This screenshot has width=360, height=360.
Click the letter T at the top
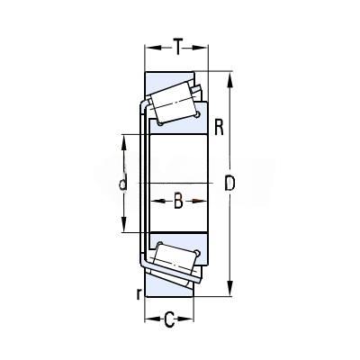(x=178, y=47)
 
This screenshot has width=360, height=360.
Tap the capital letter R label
(x=220, y=127)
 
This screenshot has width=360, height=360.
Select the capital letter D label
(x=229, y=184)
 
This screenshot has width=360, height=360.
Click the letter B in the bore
(x=178, y=201)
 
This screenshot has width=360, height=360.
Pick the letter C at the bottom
(x=169, y=319)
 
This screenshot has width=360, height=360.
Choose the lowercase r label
(x=139, y=294)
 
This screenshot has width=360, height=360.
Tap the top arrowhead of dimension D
(x=229, y=80)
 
